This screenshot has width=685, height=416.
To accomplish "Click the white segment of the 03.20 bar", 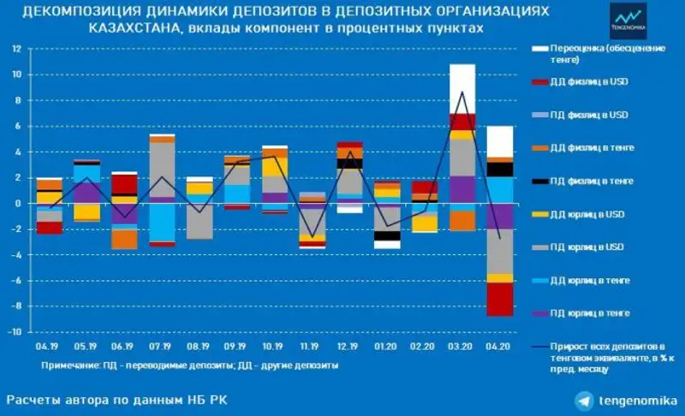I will click(462, 88).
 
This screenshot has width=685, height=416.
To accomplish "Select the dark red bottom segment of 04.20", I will click(500, 300).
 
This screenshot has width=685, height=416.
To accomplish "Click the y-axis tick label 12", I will click(15, 49).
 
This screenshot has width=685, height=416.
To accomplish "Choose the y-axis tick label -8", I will click(15, 306).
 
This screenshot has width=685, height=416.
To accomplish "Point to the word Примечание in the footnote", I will click(68, 365).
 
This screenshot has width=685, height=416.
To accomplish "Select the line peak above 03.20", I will click(462, 92).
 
